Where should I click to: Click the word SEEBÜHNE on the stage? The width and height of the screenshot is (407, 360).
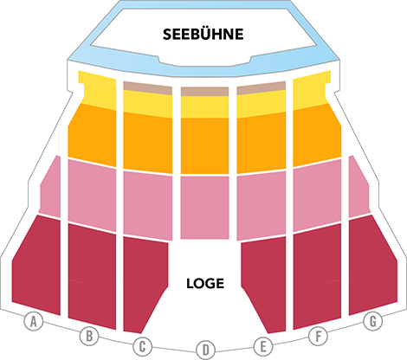pyautogui.click(x=203, y=34)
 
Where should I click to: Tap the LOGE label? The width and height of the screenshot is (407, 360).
pyautogui.click(x=205, y=284)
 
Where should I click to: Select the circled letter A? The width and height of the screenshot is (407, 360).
pyautogui.click(x=34, y=321)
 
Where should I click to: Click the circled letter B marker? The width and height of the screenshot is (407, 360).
pyautogui.click(x=89, y=336)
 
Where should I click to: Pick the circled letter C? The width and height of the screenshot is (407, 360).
pyautogui.click(x=142, y=346)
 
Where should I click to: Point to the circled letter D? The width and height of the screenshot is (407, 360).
pyautogui.click(x=205, y=350)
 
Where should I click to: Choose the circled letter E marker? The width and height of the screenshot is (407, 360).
pyautogui.click(x=263, y=346)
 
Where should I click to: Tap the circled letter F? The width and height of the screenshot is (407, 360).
pyautogui.click(x=319, y=336)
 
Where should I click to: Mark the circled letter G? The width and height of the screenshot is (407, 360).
pyautogui.click(x=373, y=321)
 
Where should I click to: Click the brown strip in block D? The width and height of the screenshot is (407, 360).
pyautogui.click(x=204, y=92)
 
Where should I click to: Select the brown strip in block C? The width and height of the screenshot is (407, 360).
pyautogui.click(x=148, y=87)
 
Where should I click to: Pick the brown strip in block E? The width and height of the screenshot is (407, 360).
pyautogui.click(x=262, y=87)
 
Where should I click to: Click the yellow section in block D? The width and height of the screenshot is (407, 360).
pyautogui.click(x=204, y=107)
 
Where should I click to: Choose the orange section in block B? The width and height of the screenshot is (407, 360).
pyautogui.click(x=92, y=135)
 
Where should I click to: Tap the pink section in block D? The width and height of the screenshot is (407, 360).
pyautogui.click(x=204, y=208)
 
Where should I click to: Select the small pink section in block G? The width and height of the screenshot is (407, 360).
pyautogui.click(x=359, y=188)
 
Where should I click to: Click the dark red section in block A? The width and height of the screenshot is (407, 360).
pyautogui.click(x=36, y=266)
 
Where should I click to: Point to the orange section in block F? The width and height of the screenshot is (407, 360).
pyautogui.click(x=317, y=135)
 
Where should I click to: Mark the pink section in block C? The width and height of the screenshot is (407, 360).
pyautogui.click(x=148, y=206)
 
